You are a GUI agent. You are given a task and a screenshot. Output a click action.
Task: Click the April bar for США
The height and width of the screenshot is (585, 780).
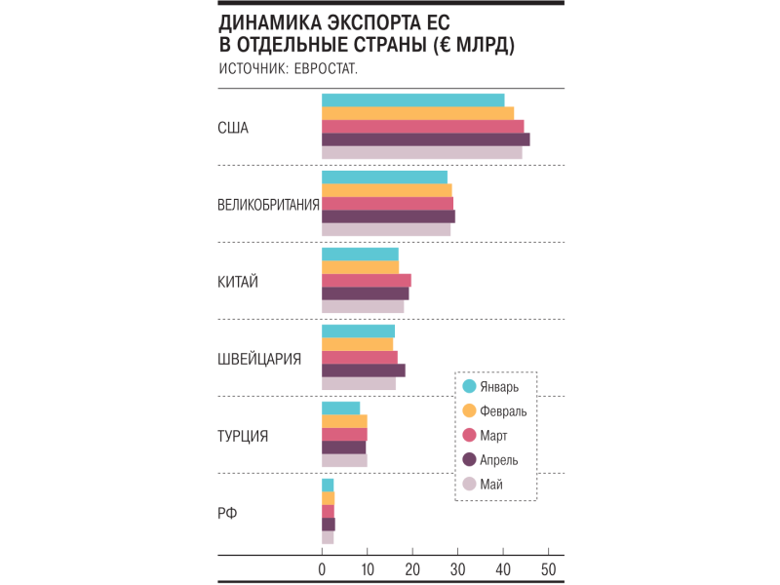pyautogui.click(x=425, y=139)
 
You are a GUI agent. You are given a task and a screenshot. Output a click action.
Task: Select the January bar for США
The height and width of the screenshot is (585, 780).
pyautogui.click(x=412, y=99)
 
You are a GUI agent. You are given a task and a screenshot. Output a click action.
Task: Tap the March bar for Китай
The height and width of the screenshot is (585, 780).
pyautogui.click(x=366, y=280)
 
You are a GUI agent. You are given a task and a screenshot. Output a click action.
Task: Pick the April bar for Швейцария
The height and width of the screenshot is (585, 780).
pyautogui.click(x=363, y=370)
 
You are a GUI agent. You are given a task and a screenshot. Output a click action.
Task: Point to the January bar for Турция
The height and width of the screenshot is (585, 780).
pyautogui.click(x=340, y=408)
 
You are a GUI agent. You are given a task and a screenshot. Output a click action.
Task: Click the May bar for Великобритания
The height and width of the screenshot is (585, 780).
pyautogui.click(x=385, y=230)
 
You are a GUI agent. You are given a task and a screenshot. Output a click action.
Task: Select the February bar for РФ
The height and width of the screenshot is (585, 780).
pyautogui.click(x=328, y=498)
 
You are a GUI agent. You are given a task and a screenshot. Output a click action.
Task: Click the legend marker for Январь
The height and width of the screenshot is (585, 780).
pyautogui.click(x=469, y=385)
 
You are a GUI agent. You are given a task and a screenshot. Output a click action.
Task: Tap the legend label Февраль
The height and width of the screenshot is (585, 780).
pyautogui.click(x=507, y=410)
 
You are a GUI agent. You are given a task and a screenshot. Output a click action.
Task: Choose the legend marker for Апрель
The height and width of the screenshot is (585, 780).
pyautogui.click(x=469, y=459)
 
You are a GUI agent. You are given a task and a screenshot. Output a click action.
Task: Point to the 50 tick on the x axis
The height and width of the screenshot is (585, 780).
pyautogui.click(x=548, y=568)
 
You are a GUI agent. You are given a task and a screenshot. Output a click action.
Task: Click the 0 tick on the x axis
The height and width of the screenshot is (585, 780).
pyautogui.click(x=322, y=568)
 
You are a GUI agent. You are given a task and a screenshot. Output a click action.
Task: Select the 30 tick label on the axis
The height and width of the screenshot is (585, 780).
pyautogui.click(x=457, y=568)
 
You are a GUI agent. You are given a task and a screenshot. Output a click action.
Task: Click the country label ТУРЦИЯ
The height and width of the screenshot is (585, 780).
pyautogui.click(x=243, y=436)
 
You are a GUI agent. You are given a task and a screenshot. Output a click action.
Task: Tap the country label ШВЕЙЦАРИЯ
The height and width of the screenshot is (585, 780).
pyautogui.click(x=259, y=359)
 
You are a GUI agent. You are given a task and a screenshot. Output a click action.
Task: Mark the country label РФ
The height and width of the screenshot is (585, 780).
pyautogui.click(x=227, y=513)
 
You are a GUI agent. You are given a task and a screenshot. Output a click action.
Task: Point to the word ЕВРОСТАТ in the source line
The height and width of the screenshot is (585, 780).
pyautogui.click(x=325, y=68)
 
